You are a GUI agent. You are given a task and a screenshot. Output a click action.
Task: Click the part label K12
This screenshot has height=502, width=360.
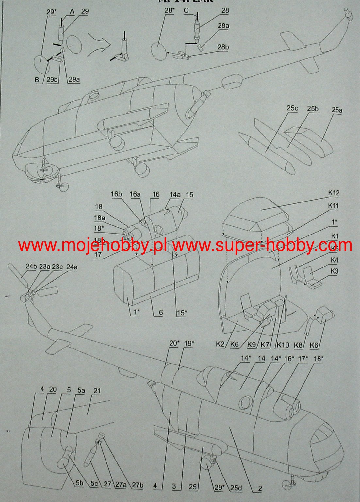click(x=334, y=193)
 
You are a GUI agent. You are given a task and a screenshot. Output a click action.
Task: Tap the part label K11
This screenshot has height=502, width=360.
click(x=334, y=206)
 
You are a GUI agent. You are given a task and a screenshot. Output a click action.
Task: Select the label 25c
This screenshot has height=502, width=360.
click(x=292, y=108)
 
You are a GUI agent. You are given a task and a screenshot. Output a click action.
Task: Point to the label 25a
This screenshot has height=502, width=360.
click(x=337, y=110)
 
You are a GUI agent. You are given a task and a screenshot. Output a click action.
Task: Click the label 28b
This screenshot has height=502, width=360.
click(x=223, y=47)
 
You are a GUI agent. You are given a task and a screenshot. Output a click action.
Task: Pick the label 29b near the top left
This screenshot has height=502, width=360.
click(x=52, y=80)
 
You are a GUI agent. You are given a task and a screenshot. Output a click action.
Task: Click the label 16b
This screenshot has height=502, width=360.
click(x=116, y=194)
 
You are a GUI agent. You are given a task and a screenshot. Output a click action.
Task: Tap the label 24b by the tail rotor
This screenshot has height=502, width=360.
click(x=31, y=266)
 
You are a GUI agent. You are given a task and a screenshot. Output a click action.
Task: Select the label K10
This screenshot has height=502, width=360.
click(x=283, y=344)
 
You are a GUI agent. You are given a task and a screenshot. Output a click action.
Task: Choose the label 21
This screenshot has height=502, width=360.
click(x=97, y=391)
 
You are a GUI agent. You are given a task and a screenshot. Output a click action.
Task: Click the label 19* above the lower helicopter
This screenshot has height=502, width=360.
click(x=188, y=344)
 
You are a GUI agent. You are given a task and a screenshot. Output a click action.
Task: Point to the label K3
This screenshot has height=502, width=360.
click(x=335, y=271)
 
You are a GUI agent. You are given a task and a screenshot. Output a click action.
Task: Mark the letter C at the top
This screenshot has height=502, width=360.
click(x=186, y=11)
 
